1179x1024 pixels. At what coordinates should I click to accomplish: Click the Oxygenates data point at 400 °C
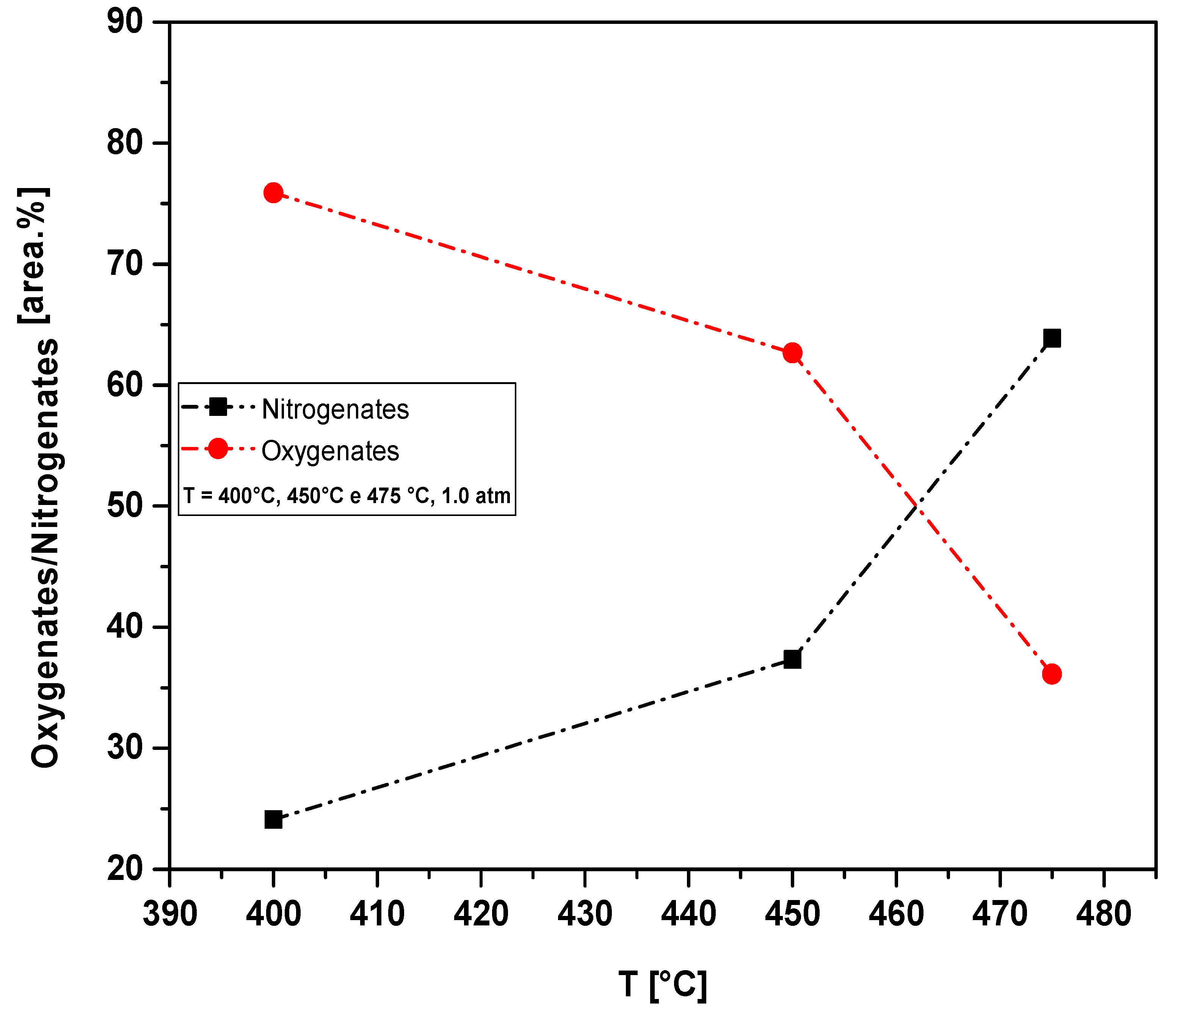coord(273,193)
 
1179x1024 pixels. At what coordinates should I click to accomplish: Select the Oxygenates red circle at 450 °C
coord(792,353)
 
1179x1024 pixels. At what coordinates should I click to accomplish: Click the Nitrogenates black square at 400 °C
coord(273,819)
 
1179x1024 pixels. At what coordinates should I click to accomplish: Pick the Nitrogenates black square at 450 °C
coord(792,659)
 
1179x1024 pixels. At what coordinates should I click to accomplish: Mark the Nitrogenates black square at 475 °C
coord(1052,338)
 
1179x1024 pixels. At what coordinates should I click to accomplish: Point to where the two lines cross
coord(917,506)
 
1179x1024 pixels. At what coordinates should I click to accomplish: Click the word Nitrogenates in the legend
coord(336,409)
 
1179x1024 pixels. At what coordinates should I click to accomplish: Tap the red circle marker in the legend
coord(218,449)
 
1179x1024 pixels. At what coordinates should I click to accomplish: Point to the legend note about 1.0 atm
coord(347,496)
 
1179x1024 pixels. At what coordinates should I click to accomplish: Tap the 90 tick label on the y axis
coord(125,23)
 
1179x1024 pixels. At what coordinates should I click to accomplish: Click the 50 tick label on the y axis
coord(125,506)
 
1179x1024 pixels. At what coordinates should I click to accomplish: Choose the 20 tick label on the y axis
coord(125,869)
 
